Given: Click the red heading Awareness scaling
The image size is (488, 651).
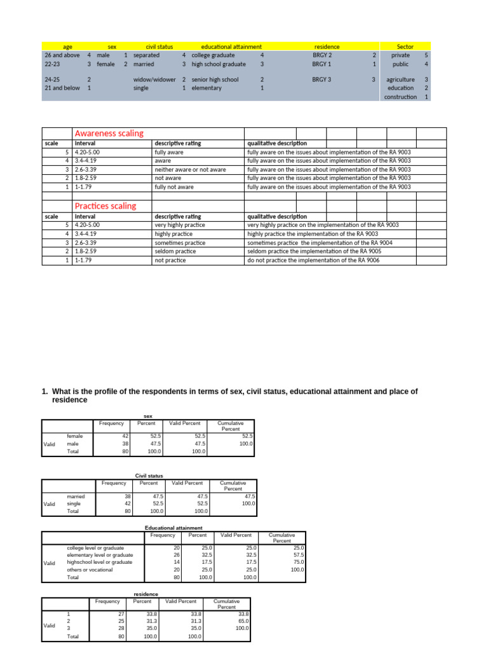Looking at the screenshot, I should pos(109,134).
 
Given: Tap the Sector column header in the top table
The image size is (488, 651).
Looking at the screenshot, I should pos(405,46).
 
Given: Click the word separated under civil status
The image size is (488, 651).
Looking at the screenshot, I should pos(147,55).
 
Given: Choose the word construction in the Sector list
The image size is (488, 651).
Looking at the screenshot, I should pos(401,97).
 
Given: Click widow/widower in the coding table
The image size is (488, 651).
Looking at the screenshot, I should pos(154,79).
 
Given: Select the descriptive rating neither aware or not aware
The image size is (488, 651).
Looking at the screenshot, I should pos(190,170).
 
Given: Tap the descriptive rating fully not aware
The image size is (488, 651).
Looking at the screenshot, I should pos(175,188).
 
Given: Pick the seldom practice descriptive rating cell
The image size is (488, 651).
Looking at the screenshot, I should pos(175,252).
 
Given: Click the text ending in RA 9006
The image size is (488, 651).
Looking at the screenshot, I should pos(314,261).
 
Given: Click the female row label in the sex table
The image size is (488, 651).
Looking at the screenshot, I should pos(75,435).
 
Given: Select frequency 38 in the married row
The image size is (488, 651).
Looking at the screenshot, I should pos(126,496).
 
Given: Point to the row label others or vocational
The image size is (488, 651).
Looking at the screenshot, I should pos(90,570).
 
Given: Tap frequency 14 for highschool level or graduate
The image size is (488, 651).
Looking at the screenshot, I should pos(177,562).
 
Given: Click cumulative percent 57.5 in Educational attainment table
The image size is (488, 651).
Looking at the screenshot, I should pos(298,554).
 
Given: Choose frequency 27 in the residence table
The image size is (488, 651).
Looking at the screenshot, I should pos(120,614).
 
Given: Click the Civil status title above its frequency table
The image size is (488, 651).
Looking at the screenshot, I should pos(149,476).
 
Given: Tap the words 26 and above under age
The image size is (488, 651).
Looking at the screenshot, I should pos(62,55).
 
